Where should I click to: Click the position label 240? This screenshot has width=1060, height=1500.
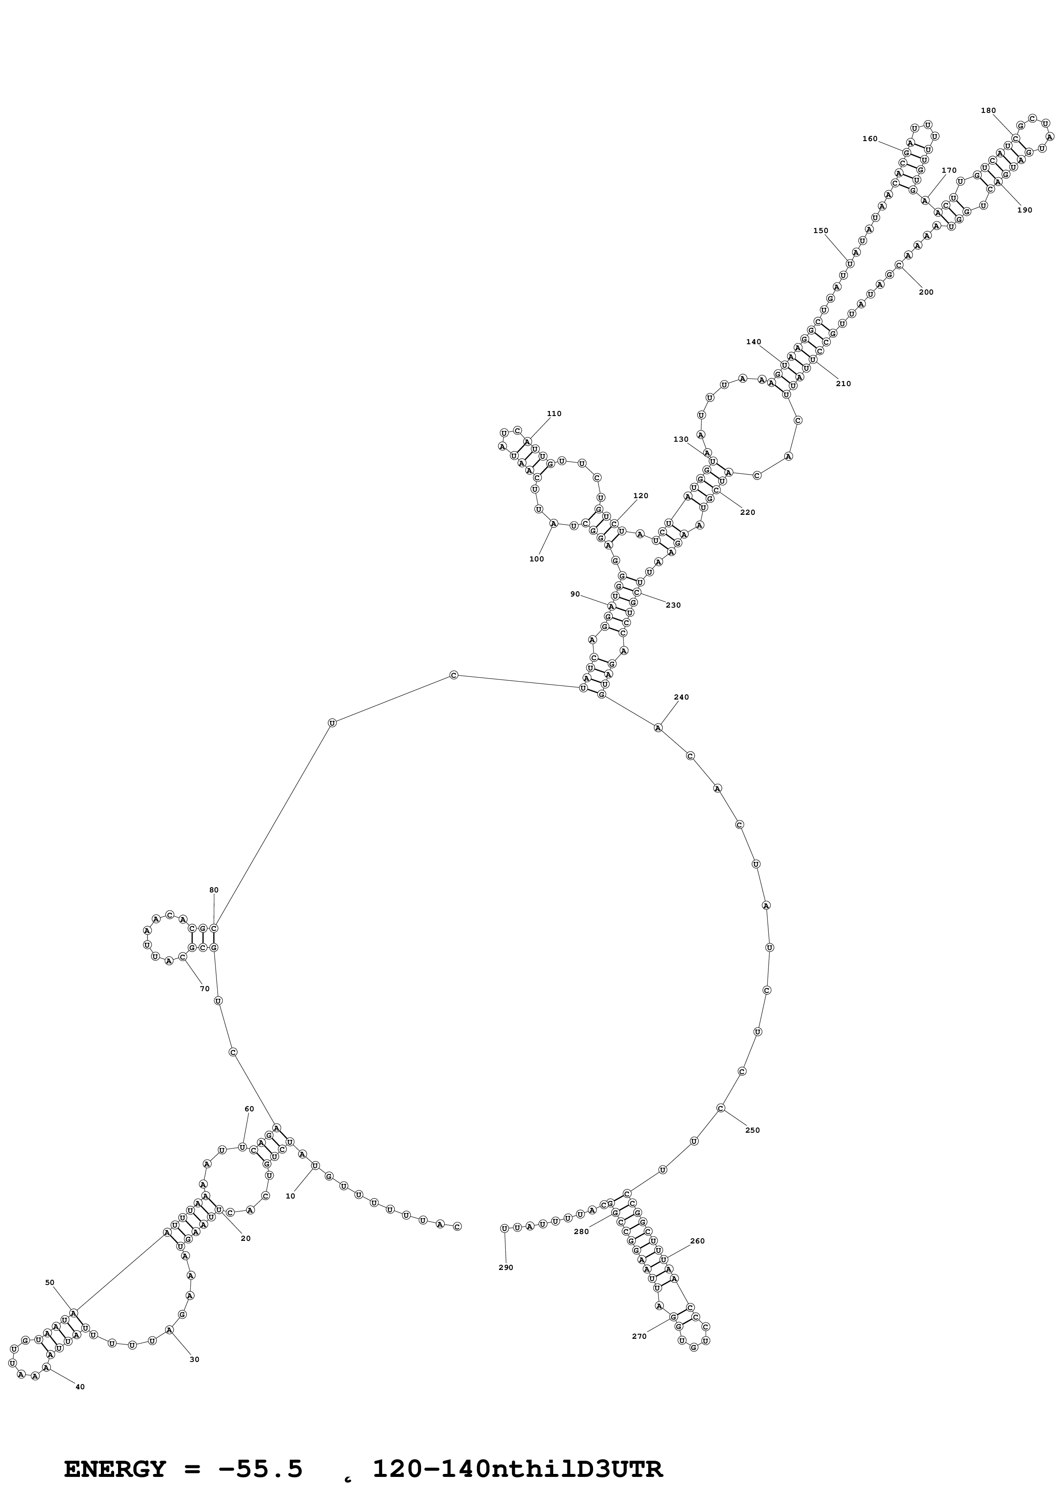tap(681, 697)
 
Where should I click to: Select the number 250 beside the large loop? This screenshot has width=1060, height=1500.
tap(753, 1130)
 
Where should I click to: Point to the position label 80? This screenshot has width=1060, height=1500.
tap(213, 890)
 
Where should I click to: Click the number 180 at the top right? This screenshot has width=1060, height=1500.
tap(988, 110)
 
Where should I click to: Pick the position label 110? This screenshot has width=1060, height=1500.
tap(554, 413)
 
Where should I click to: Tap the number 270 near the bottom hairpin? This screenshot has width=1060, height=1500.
tap(639, 1336)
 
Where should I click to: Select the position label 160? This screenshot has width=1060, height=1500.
tap(870, 139)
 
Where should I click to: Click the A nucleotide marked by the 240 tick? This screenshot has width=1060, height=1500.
tap(658, 727)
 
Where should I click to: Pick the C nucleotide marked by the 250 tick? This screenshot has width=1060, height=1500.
tap(720, 1108)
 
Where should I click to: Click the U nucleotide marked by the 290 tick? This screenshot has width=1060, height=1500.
tap(504, 1228)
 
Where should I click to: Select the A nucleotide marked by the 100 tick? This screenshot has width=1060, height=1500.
tap(554, 523)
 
